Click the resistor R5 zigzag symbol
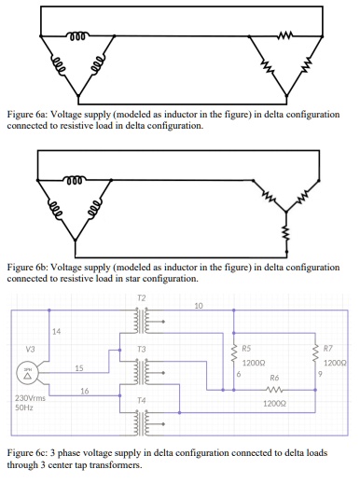(x=231, y=356)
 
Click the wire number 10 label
(x=198, y=306)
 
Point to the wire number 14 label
(x=56, y=331)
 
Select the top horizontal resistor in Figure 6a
(x=284, y=39)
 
